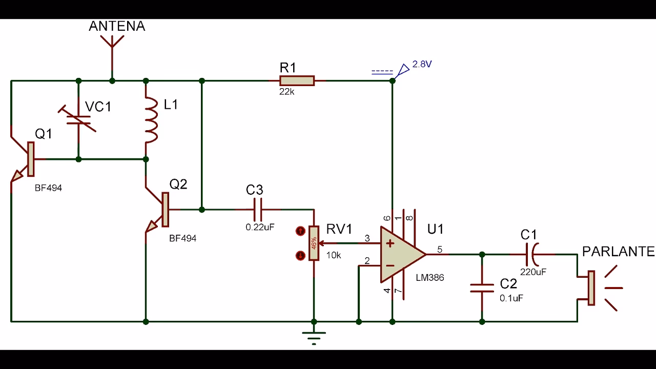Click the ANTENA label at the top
117,27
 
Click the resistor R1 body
297,80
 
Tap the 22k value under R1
287,92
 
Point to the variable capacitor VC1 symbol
79,119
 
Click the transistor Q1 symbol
26,159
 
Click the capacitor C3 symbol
259,210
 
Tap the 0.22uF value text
260,227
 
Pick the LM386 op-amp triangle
400,254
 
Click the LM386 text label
430,278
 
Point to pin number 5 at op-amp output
440,250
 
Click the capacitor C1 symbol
533,254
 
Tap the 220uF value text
534,272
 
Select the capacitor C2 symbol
482,288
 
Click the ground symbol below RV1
314,335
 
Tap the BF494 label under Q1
48,188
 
